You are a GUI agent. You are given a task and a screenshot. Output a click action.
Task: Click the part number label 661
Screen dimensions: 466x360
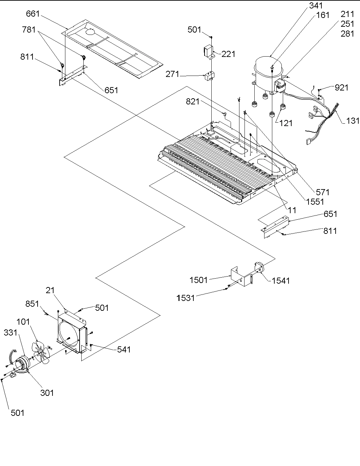tap(33, 14)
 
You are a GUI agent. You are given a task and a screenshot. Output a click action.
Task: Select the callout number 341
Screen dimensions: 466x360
tap(315, 5)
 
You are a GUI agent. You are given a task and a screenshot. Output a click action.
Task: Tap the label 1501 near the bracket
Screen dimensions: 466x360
tap(199, 280)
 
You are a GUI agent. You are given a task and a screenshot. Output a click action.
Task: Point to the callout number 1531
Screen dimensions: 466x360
tap(185, 298)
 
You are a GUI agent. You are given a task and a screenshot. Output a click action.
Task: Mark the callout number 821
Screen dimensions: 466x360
tap(192, 101)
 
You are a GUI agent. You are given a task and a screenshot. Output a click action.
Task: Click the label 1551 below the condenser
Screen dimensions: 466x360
tap(315, 202)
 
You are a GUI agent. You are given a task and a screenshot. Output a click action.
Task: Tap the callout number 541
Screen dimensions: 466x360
tap(123, 349)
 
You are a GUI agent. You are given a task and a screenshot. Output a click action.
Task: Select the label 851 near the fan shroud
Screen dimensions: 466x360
tap(33, 304)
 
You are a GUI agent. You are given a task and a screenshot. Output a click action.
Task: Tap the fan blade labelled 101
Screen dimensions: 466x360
tap(41, 352)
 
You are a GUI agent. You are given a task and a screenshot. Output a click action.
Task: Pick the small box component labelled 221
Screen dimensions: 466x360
tap(208, 52)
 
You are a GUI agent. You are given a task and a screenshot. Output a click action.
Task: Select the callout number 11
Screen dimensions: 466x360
tap(292, 210)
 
